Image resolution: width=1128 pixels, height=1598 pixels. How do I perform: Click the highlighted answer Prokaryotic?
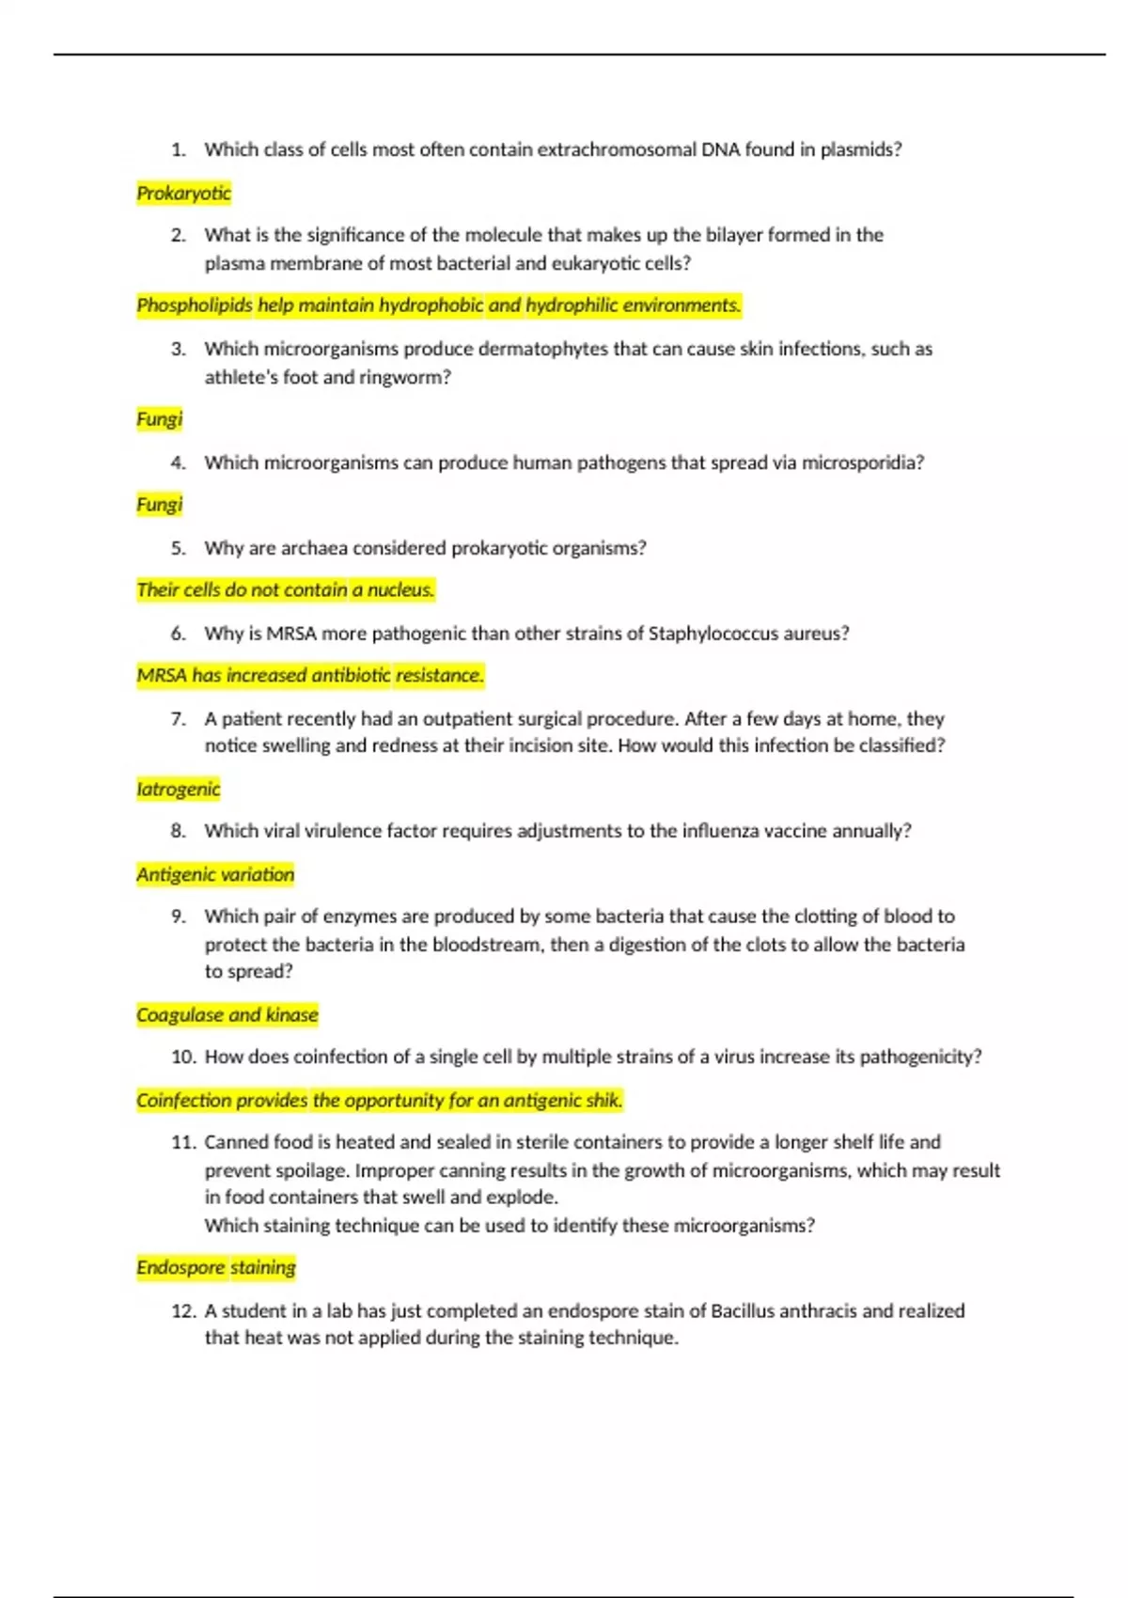click(183, 194)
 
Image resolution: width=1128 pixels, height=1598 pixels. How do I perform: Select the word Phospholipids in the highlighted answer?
click(195, 305)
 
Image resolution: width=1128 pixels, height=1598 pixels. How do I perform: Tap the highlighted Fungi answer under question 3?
click(159, 419)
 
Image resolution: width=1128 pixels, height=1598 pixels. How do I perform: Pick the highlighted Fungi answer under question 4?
click(159, 505)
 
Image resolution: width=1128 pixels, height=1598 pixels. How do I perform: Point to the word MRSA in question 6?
click(291, 634)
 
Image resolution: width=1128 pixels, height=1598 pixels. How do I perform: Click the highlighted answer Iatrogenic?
click(178, 790)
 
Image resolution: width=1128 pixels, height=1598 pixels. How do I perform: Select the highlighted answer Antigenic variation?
click(215, 875)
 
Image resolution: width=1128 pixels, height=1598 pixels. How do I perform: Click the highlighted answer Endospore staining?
click(216, 1268)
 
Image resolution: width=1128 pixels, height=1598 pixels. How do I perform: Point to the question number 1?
click(179, 149)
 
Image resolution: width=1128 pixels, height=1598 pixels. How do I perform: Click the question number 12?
click(183, 1311)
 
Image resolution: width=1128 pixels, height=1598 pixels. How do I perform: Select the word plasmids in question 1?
click(859, 149)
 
